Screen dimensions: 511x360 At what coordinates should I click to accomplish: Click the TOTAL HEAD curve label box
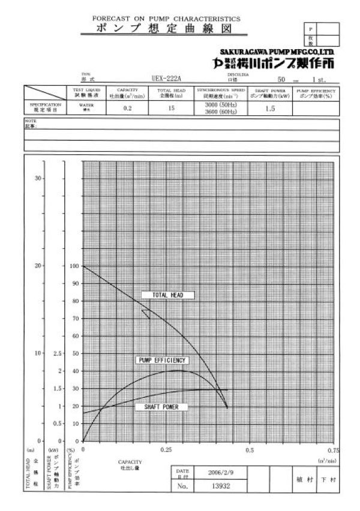167,295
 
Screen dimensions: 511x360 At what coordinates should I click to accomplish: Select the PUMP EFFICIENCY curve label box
162,360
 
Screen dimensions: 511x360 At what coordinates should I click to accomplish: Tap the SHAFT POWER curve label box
161,407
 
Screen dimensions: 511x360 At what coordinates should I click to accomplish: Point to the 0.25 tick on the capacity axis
166,449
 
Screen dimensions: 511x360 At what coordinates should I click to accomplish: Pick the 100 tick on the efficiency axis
74,266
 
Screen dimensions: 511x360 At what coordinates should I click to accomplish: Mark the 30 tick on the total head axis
38,178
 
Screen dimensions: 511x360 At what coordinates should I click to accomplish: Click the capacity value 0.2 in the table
127,109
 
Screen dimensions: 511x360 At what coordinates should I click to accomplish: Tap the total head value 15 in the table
171,109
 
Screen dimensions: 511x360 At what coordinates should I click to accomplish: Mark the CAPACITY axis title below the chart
130,461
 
